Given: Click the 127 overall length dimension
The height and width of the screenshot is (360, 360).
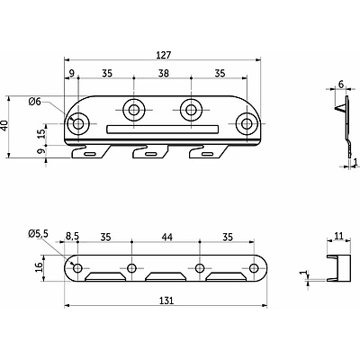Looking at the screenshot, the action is pos(163,55).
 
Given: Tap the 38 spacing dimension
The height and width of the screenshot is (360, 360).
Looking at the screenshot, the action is pos(163,73).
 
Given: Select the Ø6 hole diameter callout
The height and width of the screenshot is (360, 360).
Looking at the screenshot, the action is pos(34,102).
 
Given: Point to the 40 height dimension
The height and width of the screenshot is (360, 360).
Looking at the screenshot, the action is pos(4,126).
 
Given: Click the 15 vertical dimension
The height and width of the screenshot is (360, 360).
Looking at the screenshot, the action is pos(42,133).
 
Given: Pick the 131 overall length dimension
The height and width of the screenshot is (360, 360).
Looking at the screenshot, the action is pos(166,301).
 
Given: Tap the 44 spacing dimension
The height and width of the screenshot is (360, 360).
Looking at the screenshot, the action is pos(166,238).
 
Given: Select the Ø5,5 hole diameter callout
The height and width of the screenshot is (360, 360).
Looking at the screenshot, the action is pos(38,234).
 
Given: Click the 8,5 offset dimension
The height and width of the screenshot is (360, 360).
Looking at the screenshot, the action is pos(72,238).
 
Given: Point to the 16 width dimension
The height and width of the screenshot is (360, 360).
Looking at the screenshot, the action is pos(39,267).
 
